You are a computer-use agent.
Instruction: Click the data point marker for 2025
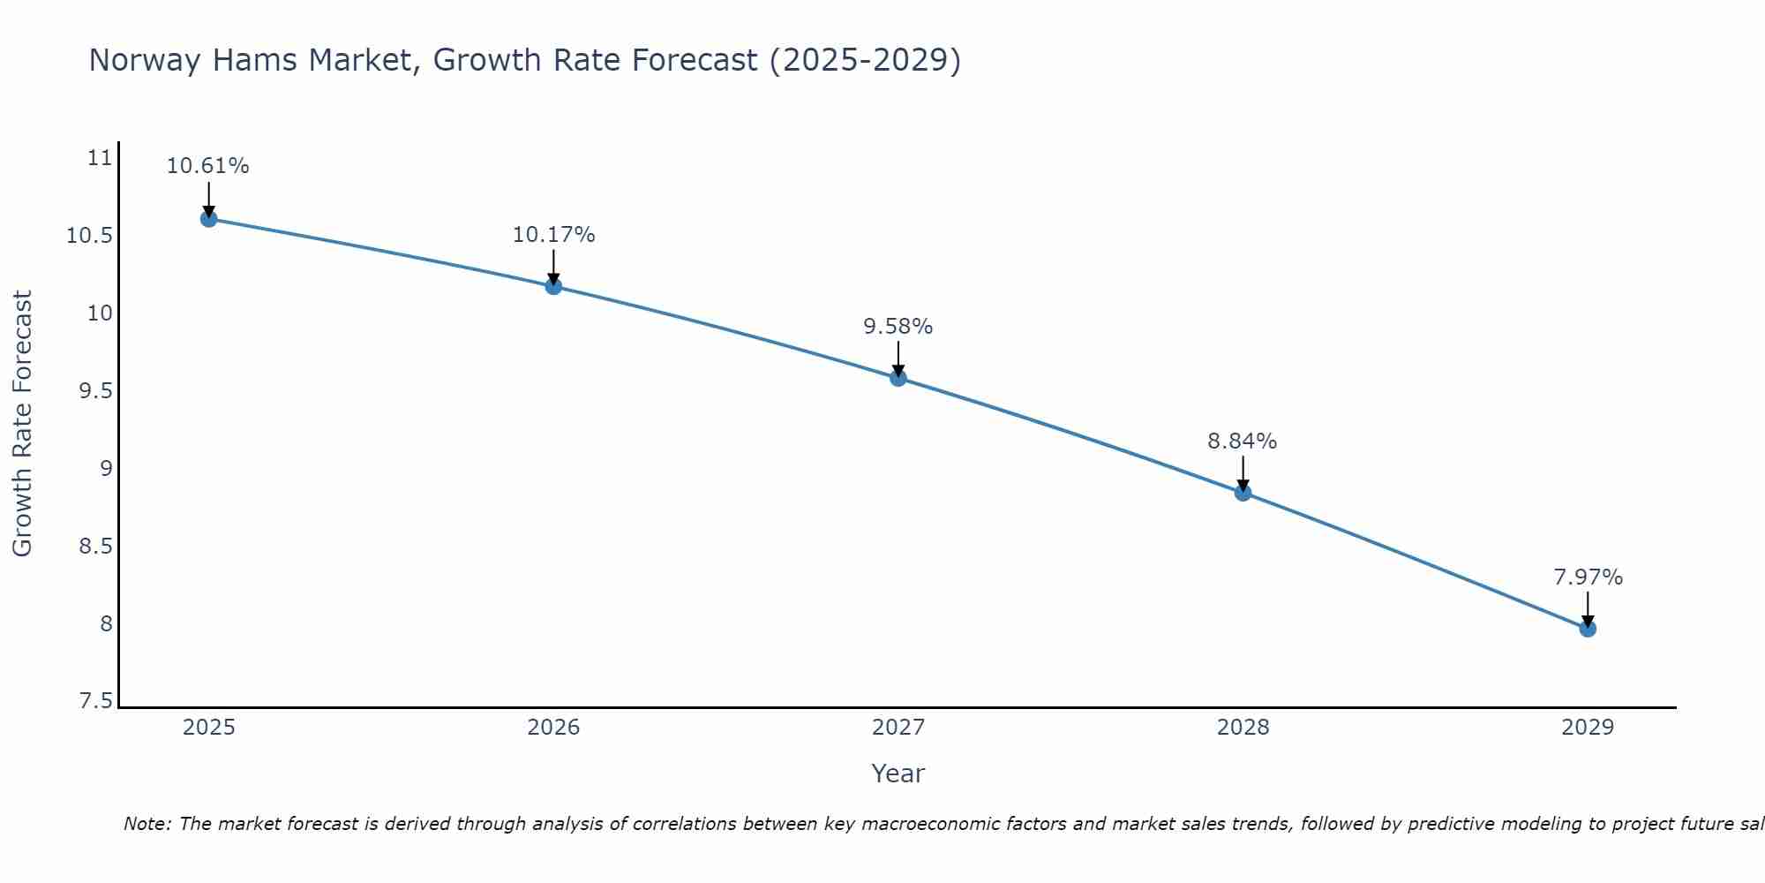[x=208, y=218]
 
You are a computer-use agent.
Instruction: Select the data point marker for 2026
[x=553, y=286]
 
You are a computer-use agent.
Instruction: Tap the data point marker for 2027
[x=898, y=378]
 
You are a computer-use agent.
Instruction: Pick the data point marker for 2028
[x=1243, y=493]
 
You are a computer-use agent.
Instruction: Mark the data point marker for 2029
[x=1588, y=629]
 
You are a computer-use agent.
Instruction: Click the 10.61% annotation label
[x=208, y=166]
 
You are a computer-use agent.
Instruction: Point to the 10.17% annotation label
[x=553, y=235]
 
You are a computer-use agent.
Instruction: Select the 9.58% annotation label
[x=898, y=327]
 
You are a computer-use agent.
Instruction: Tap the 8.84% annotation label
[x=1243, y=441]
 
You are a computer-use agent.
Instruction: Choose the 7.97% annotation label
[x=1588, y=577]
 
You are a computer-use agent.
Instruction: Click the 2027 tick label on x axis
[x=898, y=728]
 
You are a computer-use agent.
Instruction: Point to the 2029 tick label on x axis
[x=1588, y=728]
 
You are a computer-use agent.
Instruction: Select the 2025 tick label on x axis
[x=208, y=728]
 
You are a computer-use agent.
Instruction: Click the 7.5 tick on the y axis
[x=96, y=701]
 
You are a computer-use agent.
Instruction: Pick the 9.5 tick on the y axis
[x=96, y=391]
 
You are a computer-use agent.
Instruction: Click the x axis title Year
[x=898, y=774]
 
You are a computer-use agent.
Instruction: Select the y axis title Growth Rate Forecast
[x=22, y=424]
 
